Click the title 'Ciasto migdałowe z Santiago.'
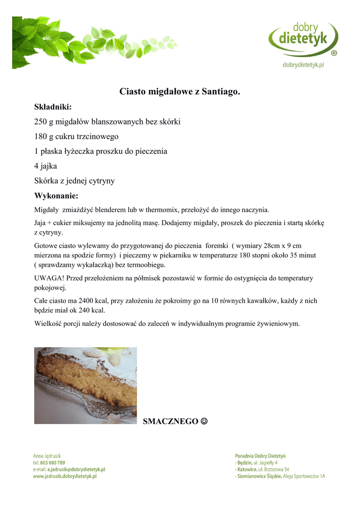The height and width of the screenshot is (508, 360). [180, 92]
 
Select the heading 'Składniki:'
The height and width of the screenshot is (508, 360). [53, 107]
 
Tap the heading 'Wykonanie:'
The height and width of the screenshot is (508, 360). [56, 195]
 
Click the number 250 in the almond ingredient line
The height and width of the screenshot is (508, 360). [40, 122]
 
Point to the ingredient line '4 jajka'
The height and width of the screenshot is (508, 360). [46, 166]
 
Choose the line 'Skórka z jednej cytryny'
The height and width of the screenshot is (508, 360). [74, 181]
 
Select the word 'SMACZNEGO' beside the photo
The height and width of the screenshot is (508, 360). [170, 422]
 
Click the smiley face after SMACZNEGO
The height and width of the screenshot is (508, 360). [204, 421]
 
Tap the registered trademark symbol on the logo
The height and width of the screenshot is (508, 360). [334, 53]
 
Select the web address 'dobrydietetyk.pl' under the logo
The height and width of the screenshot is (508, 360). [303, 64]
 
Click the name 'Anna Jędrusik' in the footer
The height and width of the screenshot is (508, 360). [47, 455]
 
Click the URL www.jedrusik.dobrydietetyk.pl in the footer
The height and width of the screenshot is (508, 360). [65, 476]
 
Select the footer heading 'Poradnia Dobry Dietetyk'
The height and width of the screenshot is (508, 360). [260, 455]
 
